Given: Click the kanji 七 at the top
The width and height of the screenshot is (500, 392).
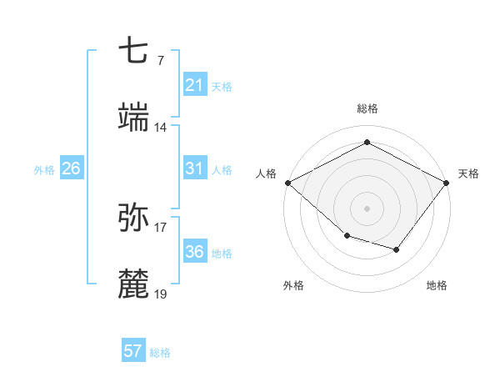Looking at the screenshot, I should coord(134,52).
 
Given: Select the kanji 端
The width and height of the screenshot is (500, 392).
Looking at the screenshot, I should coord(134,117).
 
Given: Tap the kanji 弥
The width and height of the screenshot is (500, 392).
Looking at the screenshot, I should coord(134,217).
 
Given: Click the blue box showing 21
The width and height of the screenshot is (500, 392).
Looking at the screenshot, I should coord(194,85).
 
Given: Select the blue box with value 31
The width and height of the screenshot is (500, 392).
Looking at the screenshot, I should coord(194,168).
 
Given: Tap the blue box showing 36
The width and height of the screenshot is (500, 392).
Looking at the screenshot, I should coord(194,252).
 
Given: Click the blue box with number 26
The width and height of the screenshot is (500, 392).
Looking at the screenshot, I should coord(71,168).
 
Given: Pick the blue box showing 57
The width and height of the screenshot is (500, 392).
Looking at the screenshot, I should coord(132,351).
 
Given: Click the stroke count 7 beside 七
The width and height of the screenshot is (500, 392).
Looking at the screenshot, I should coord(160,61).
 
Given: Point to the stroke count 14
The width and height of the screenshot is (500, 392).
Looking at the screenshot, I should coord(161,128).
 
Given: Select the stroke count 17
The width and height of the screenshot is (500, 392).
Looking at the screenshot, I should coord(161,226).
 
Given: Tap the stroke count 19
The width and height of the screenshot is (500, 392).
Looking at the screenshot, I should coord(161,294).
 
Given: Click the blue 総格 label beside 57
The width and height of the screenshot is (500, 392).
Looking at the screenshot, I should coord(160,353).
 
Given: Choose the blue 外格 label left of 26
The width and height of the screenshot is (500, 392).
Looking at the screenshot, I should coord(44,169).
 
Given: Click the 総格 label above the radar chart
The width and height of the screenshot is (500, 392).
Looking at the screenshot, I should coord(367,108).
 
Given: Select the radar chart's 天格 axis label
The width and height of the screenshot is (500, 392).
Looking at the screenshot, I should coord(468,173).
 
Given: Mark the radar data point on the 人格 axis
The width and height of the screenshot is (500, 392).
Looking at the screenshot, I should coord(287,182).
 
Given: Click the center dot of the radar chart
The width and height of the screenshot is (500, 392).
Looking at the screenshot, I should coord(367,208).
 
